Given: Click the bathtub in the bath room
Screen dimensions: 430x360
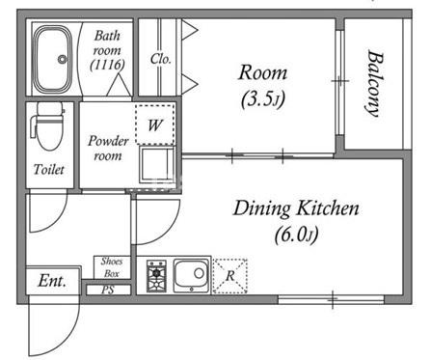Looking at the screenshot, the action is pyautogui.click(x=53, y=60).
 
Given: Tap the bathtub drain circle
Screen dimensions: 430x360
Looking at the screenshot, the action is pyautogui.click(x=62, y=59).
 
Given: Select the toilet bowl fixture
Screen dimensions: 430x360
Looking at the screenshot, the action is pyautogui.click(x=48, y=126).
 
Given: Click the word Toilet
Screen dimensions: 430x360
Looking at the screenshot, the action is pyautogui.click(x=49, y=169).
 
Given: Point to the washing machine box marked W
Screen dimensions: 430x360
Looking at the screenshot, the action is pyautogui.click(x=155, y=125).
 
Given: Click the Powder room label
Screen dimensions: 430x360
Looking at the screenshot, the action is pyautogui.click(x=108, y=149).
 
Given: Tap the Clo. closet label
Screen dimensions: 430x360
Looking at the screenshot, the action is pyautogui.click(x=160, y=59).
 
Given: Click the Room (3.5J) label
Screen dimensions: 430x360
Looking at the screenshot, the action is pyautogui.click(x=262, y=85).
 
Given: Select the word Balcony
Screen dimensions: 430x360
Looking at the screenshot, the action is pyautogui.click(x=375, y=83).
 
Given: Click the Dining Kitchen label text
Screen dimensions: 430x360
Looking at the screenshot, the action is pyautogui.click(x=296, y=208).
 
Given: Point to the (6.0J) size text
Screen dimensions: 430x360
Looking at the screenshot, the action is pyautogui.click(x=296, y=235).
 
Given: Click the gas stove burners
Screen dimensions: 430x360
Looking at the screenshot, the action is pyautogui.click(x=156, y=276).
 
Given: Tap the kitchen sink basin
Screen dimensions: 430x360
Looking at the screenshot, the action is pyautogui.click(x=191, y=275).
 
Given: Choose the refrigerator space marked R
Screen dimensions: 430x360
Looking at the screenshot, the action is pyautogui.click(x=230, y=276).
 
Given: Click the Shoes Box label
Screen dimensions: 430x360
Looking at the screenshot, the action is pyautogui.click(x=112, y=267).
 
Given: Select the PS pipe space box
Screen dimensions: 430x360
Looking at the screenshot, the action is pyautogui.click(x=108, y=290).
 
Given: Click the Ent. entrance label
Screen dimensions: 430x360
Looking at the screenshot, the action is pyautogui.click(x=52, y=281).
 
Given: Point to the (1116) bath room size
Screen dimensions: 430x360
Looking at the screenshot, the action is pyautogui.click(x=107, y=65).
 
